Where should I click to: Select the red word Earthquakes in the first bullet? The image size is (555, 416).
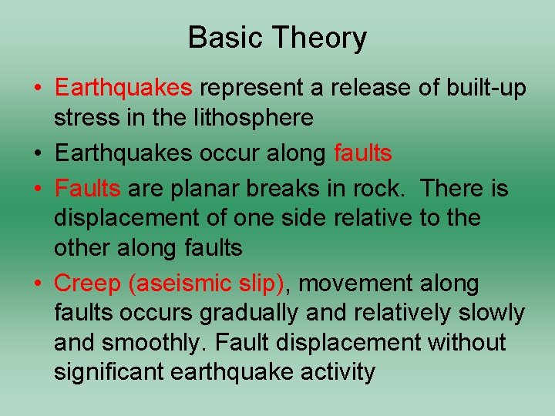123,88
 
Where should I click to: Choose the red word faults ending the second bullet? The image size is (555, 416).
363,153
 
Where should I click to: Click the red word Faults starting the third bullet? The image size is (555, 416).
87,189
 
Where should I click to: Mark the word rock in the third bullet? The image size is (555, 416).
385,189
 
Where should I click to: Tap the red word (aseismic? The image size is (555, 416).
179,284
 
